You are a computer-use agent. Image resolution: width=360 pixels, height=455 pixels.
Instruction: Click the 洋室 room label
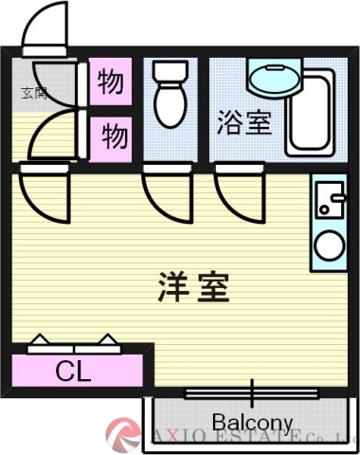pos(193,287)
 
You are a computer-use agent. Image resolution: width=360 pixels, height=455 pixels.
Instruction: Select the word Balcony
pos(252,421)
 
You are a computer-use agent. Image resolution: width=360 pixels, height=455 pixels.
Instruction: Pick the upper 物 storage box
pos(112,83)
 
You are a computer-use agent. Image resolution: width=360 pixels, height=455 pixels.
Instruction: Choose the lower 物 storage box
pos(112,137)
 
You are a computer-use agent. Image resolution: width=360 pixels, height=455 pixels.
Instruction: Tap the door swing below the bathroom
pos(236,193)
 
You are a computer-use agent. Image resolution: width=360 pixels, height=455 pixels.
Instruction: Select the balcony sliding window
pos(252,391)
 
